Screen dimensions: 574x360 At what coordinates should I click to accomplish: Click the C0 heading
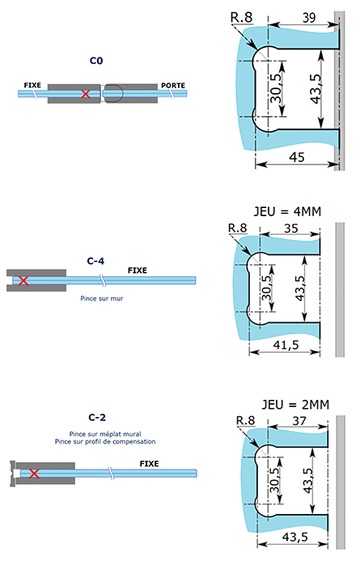tap(96, 61)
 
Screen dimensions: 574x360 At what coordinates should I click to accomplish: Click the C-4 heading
tap(96, 261)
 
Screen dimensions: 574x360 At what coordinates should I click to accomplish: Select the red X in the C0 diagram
tap(86, 95)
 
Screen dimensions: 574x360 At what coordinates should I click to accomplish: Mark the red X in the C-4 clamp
tap(23, 281)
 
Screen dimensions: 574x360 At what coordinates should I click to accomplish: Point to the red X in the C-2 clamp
tap(34, 473)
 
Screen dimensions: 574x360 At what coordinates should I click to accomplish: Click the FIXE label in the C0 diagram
tap(33, 85)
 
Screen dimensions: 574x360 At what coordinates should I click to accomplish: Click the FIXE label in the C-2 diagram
tap(149, 464)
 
